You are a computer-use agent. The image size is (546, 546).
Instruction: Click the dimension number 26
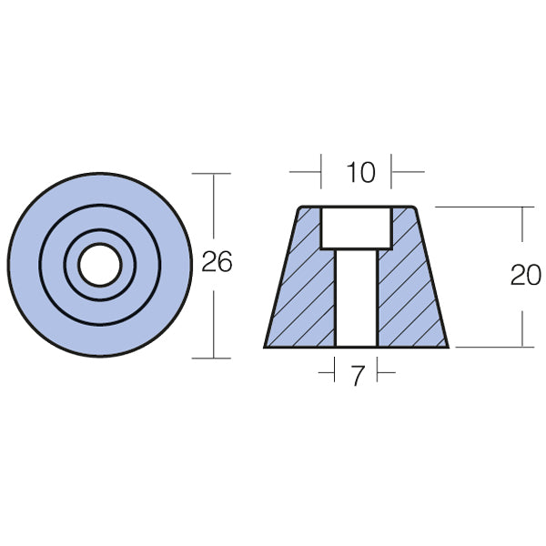(x=217, y=263)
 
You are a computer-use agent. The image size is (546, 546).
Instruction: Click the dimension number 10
(x=361, y=172)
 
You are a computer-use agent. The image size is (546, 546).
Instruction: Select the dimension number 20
(x=525, y=276)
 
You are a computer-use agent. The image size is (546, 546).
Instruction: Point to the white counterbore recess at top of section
(x=357, y=227)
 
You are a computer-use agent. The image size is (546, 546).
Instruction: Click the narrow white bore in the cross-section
(x=357, y=300)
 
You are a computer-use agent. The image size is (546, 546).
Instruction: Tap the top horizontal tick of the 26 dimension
(x=215, y=173)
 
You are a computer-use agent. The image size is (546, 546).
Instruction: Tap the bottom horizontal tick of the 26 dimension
(x=215, y=358)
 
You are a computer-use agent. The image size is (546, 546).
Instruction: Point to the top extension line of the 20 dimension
(x=482, y=207)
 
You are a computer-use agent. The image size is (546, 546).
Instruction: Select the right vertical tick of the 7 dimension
(x=378, y=373)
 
